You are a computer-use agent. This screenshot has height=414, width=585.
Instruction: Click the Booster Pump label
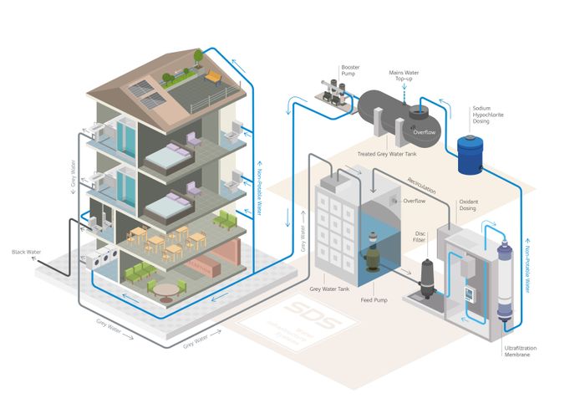[x=350, y=69]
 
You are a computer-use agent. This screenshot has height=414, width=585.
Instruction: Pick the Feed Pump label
[x=372, y=299]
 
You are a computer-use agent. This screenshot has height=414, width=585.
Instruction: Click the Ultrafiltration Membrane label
[x=518, y=350]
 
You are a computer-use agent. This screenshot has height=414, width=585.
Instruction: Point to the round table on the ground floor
[x=169, y=289]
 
